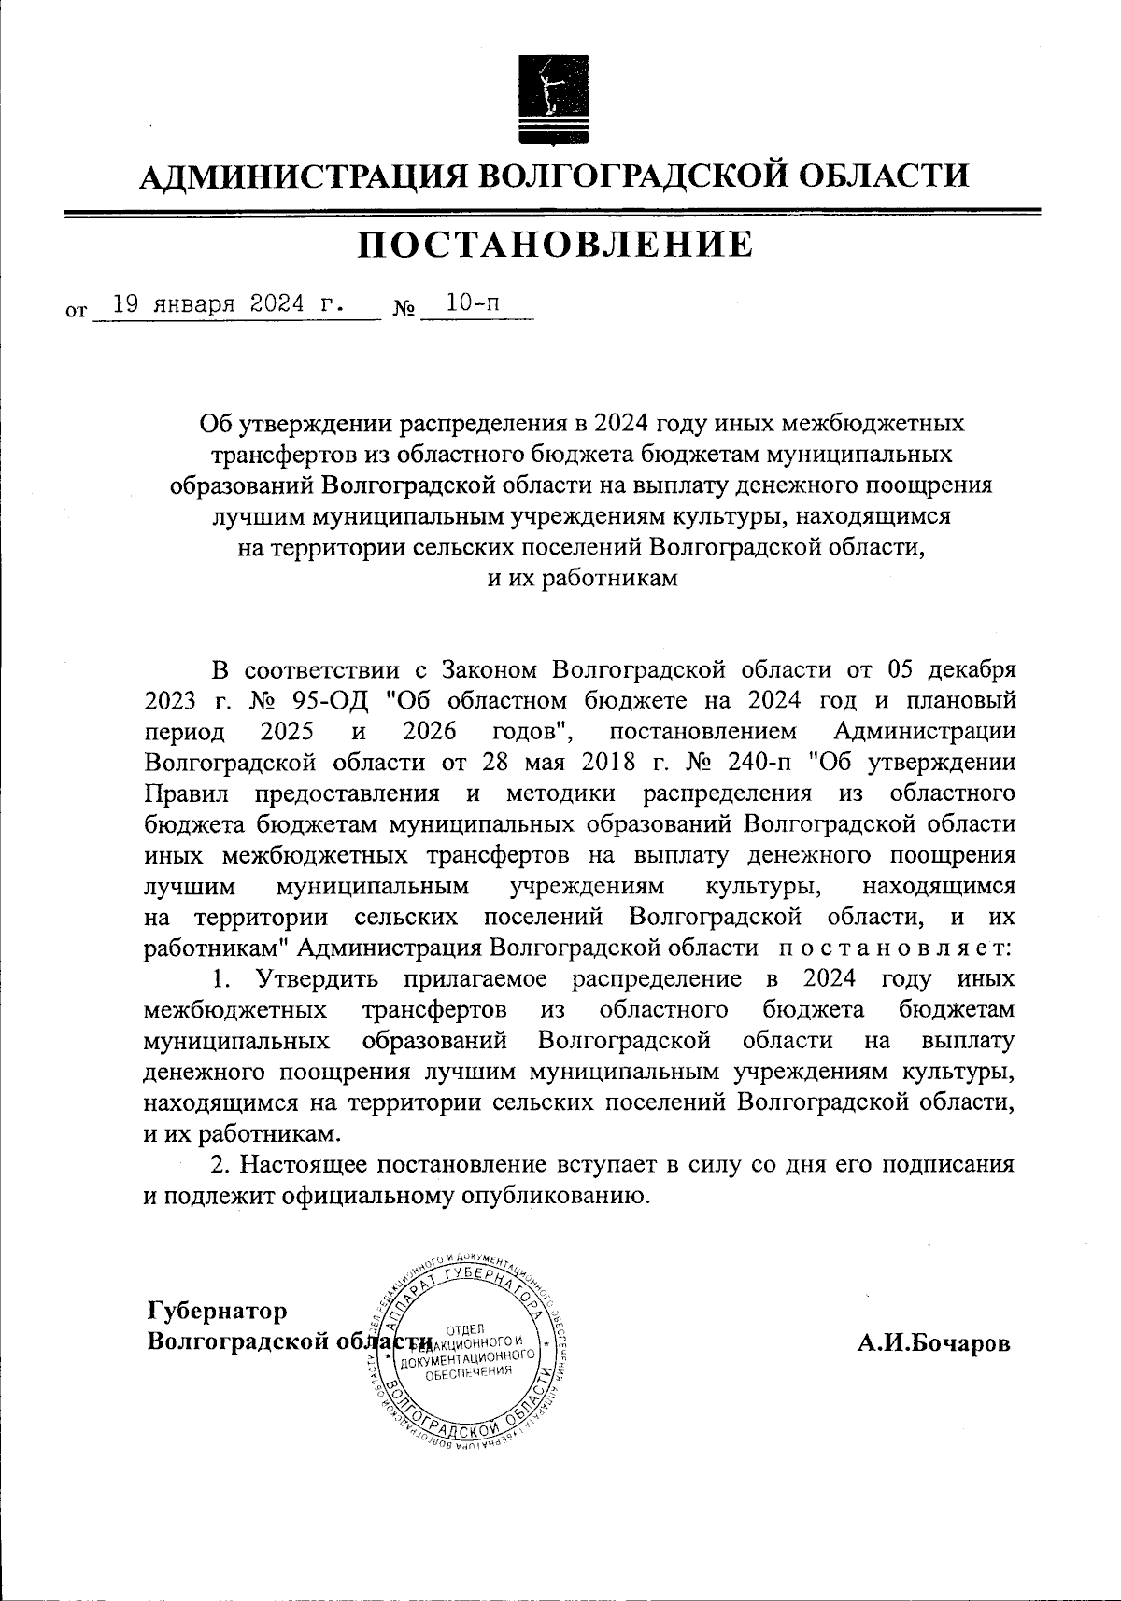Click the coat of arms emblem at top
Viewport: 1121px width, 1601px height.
coord(551,100)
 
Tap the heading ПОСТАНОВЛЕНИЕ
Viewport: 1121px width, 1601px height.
coord(556,244)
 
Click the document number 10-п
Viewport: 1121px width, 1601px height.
coord(472,303)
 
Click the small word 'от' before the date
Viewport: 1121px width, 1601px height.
coord(76,308)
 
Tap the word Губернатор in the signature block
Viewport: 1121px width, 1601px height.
coord(217,1311)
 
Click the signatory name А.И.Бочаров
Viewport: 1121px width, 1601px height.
coord(934,1343)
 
